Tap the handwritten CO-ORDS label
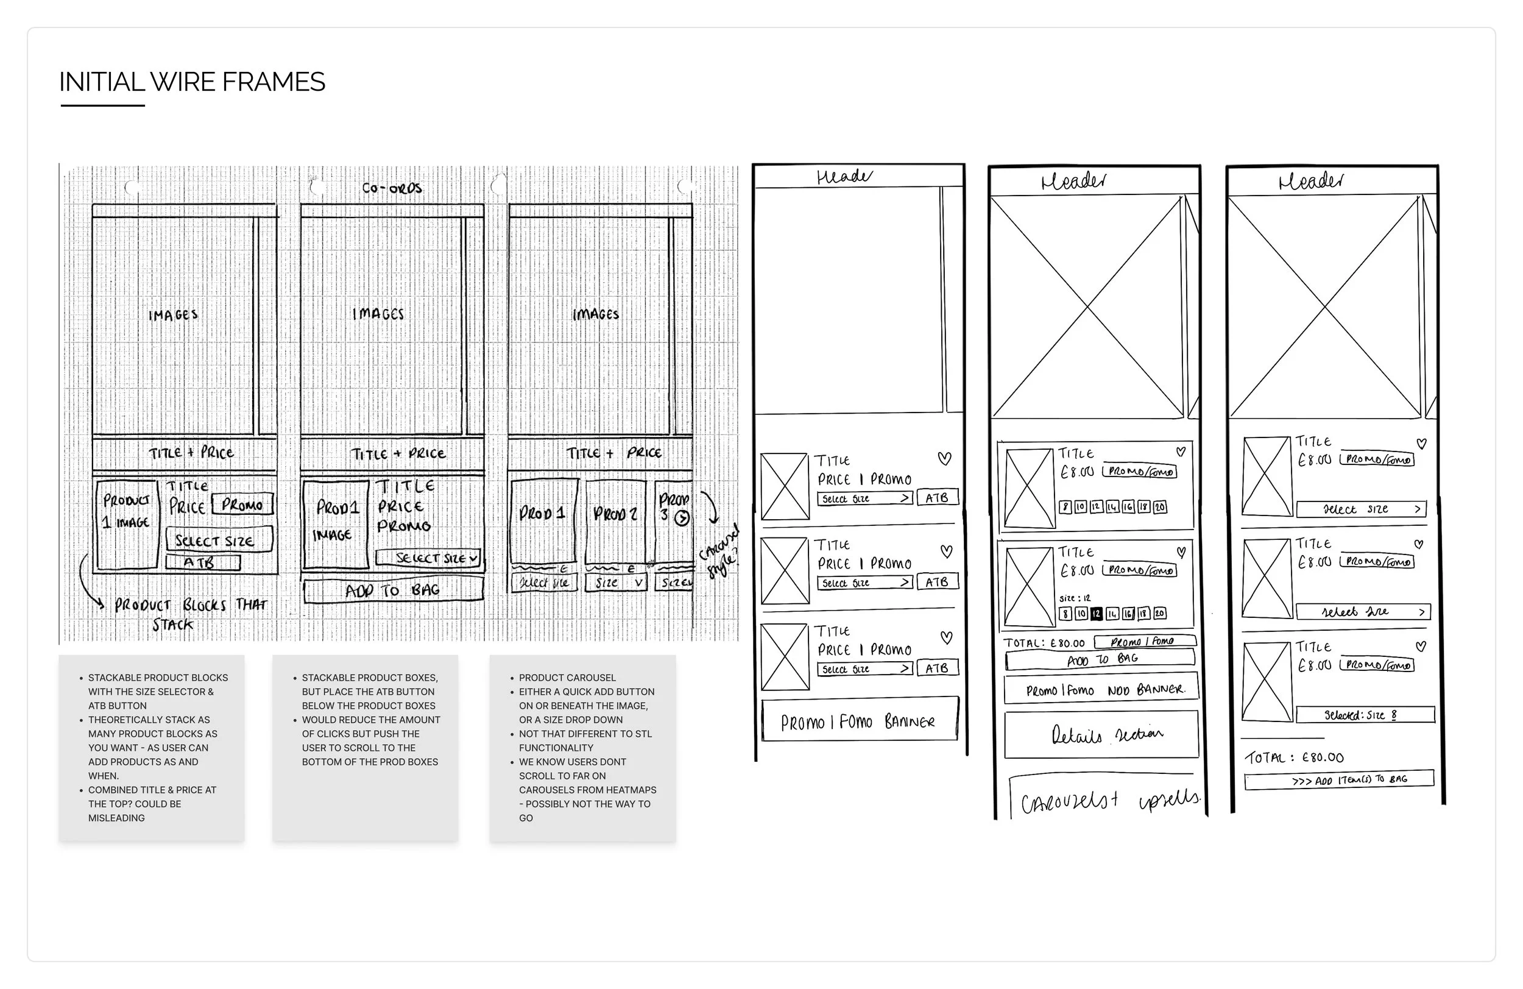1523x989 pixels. pyautogui.click(x=392, y=188)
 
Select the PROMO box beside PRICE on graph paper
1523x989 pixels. pyautogui.click(x=242, y=505)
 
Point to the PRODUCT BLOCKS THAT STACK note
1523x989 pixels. pyautogui.click(x=189, y=613)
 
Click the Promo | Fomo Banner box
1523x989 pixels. pyautogui.click(x=859, y=721)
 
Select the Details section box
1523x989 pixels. pyautogui.click(x=1101, y=734)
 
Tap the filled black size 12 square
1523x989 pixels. pyautogui.click(x=1096, y=613)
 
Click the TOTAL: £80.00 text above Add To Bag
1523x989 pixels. pyautogui.click(x=1044, y=643)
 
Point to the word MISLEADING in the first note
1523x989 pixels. pyautogui.click(x=116, y=817)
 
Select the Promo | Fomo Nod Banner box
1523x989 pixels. pyautogui.click(x=1101, y=690)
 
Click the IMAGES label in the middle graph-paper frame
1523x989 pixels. pyautogui.click(x=378, y=314)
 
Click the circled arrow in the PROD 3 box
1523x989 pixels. pyautogui.click(x=682, y=518)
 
